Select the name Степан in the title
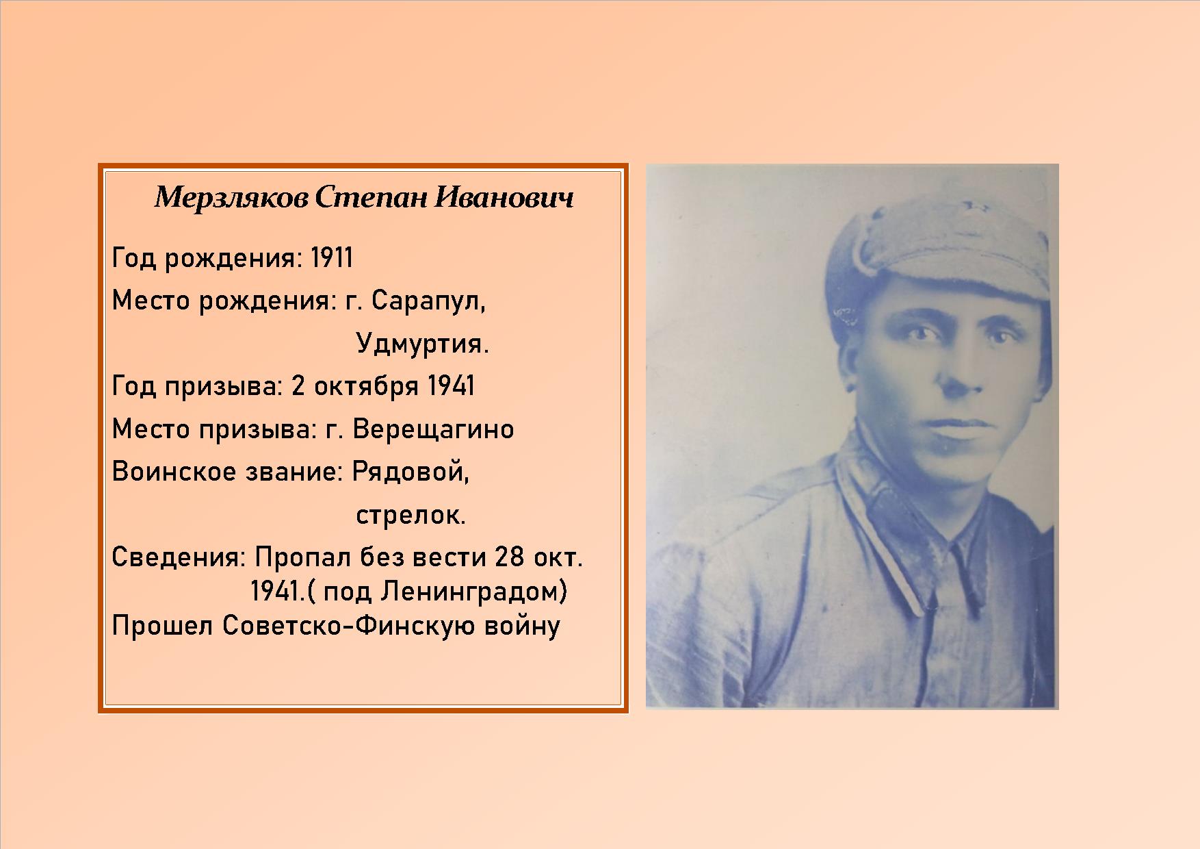pyautogui.click(x=371, y=198)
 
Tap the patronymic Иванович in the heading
pyautogui.click(x=504, y=198)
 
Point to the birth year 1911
pyautogui.click(x=332, y=258)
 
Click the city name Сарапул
pyautogui.click(x=428, y=301)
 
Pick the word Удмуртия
pyautogui.click(x=423, y=344)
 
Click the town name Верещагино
pyautogui.click(x=433, y=429)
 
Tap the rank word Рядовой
pyautogui.click(x=410, y=472)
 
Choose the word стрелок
pyautogui.click(x=410, y=515)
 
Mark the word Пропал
pyautogui.click(x=303, y=557)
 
